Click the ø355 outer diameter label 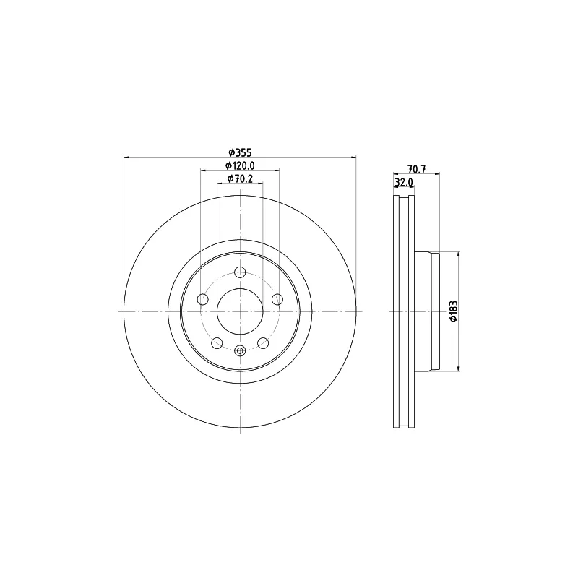(x=240, y=152)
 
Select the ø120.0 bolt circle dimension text (x=240, y=165)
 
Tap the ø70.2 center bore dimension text (x=240, y=178)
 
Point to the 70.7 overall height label (x=417, y=169)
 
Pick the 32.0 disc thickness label (x=404, y=182)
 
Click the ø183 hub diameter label (x=454, y=311)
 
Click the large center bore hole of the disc (x=240, y=311)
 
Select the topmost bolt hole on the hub (x=240, y=272)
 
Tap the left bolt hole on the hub (x=203, y=299)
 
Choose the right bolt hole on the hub (x=277, y=299)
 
